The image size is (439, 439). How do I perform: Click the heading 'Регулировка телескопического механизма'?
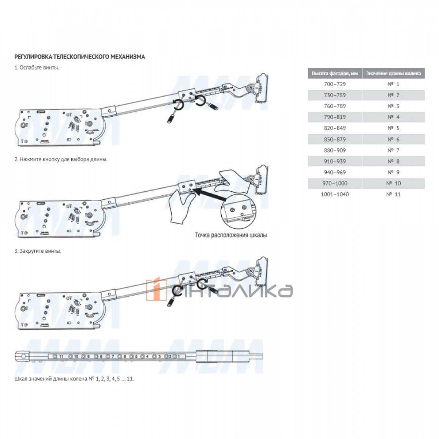click(x=79, y=57)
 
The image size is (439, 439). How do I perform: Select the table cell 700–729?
click(x=334, y=84)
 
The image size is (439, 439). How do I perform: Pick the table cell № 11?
click(x=393, y=194)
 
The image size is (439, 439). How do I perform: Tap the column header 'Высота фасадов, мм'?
click(x=334, y=73)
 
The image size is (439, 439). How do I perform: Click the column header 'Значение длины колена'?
click(x=393, y=73)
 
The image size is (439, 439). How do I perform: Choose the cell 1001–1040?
click(x=334, y=194)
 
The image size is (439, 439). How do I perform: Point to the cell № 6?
click(x=393, y=139)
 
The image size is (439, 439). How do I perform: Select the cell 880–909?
click(x=334, y=150)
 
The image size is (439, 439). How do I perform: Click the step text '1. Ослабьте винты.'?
click(x=37, y=68)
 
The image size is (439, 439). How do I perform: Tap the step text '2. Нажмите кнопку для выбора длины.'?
click(x=61, y=160)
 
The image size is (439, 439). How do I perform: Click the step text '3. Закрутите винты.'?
click(x=38, y=251)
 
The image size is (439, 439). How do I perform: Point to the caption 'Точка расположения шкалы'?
click(x=231, y=235)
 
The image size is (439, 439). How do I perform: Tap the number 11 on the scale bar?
click(x=61, y=356)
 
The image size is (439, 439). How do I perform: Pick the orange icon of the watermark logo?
click(x=157, y=290)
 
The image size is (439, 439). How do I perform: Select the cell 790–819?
click(x=334, y=117)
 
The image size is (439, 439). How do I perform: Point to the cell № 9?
click(x=393, y=172)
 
